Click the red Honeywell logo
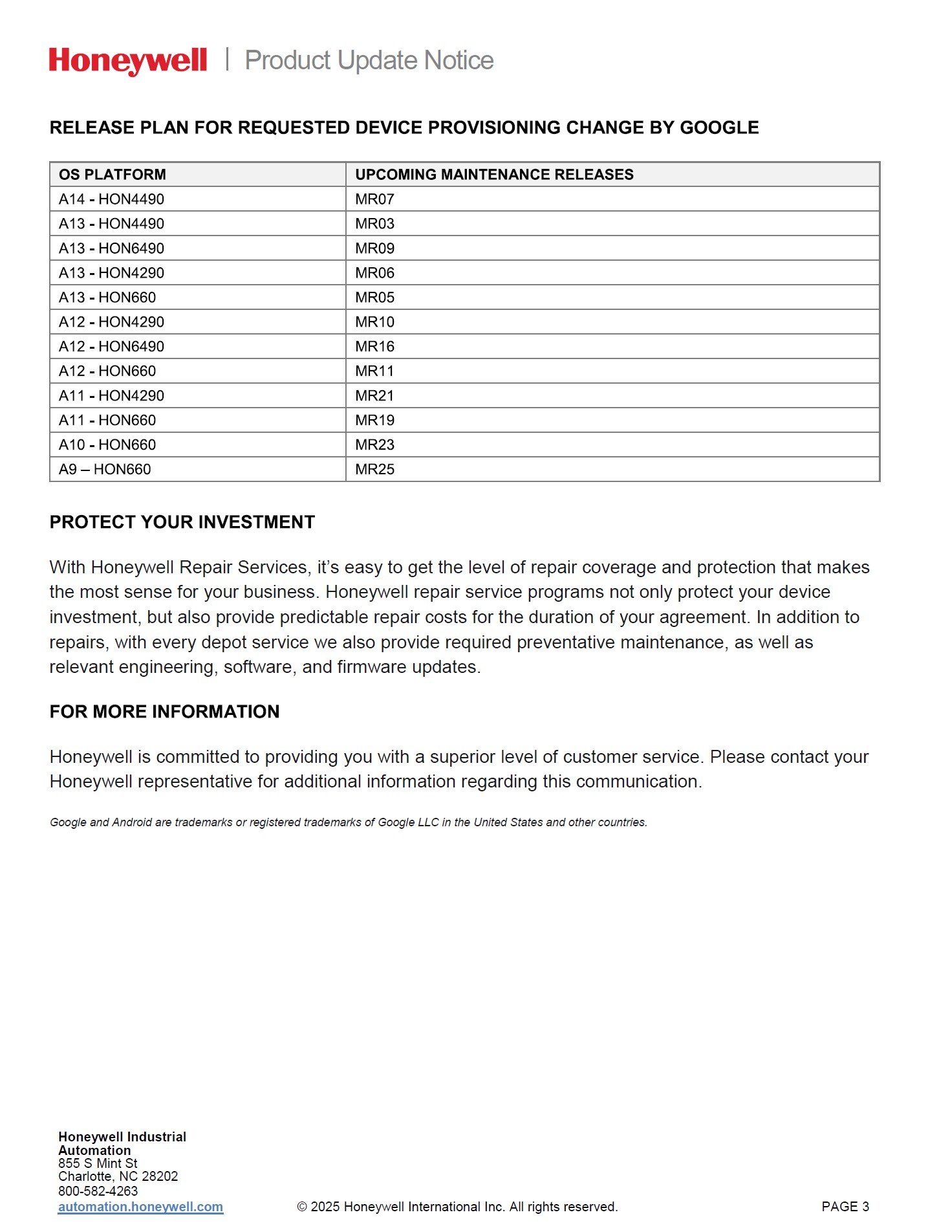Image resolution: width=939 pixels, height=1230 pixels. coord(128,61)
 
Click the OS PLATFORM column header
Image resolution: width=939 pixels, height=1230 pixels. coord(113,175)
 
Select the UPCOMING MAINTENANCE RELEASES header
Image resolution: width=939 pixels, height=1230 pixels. coord(494,175)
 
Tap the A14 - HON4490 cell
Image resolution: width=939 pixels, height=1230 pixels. coord(112,199)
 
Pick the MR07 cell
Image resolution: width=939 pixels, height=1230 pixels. coord(374,199)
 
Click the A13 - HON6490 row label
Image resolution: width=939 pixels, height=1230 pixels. coord(112,248)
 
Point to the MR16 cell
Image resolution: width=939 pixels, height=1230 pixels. coord(374,347)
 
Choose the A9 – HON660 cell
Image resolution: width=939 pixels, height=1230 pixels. coord(105,470)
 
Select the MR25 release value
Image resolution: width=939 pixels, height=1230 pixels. coord(374,470)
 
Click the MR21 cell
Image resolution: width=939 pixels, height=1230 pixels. coord(374,396)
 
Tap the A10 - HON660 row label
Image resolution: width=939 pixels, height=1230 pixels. coord(107,445)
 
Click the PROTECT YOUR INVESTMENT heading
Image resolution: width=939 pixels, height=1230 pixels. coord(182,522)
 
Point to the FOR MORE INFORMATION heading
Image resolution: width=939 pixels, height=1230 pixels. coord(164,712)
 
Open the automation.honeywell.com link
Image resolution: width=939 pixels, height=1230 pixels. coord(140,1207)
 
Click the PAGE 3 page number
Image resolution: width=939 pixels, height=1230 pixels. coord(845,1207)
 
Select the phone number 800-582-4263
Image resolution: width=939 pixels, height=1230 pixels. coord(98,1191)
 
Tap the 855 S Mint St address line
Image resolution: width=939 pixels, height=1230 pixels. coord(98,1163)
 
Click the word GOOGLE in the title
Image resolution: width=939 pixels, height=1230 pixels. coord(719,127)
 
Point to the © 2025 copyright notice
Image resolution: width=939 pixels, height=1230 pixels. coord(457,1207)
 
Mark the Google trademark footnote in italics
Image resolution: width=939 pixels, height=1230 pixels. coord(348,822)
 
